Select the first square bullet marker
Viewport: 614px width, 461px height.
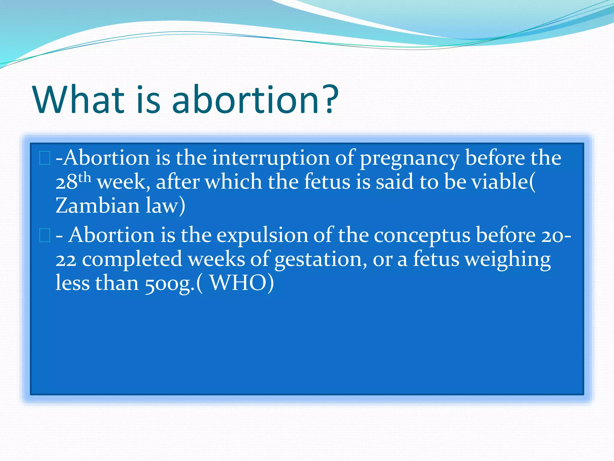[45, 158]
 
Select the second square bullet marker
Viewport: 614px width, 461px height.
[45, 235]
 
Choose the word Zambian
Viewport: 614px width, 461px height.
[98, 206]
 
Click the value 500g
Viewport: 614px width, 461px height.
[168, 284]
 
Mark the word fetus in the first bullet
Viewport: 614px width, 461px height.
[327, 182]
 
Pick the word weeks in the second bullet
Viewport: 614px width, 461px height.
[216, 259]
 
